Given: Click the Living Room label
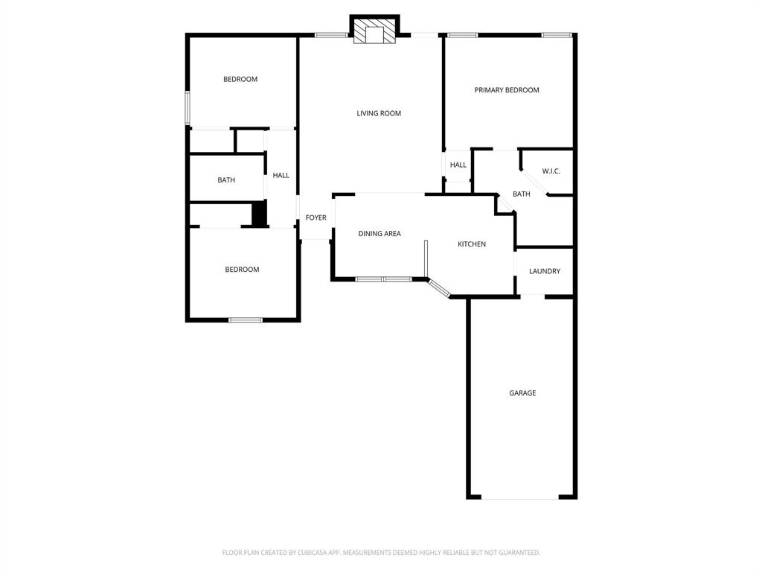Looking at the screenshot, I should [379, 113].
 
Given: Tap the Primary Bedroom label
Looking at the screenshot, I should [507, 90].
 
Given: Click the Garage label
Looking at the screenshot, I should [522, 393].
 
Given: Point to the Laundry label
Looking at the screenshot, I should [545, 271].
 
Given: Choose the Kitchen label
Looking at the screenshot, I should [472, 244].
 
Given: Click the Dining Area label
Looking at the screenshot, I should [380, 234].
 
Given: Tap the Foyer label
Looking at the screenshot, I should [316, 217].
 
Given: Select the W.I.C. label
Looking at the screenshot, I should [551, 171].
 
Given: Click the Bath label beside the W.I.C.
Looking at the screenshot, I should [522, 194].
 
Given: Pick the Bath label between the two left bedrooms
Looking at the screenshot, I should [226, 180].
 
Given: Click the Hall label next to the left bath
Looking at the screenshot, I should [281, 176].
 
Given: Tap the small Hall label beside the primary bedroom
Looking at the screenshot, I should [458, 165].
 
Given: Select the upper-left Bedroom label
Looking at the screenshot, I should [240, 79].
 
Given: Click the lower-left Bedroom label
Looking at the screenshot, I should [242, 270].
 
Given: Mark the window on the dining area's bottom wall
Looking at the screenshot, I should [383, 279].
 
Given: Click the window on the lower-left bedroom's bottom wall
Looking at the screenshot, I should [246, 320].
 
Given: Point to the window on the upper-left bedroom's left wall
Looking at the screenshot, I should [188, 108].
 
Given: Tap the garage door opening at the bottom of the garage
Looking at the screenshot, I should [520, 498].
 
